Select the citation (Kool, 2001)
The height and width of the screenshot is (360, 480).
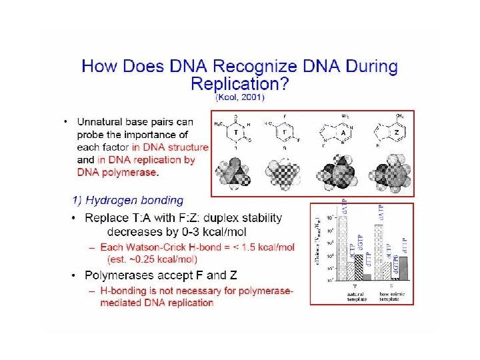pos(239,97)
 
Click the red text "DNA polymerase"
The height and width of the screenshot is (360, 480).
pos(117,173)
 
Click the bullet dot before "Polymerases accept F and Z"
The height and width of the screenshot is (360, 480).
pos(75,275)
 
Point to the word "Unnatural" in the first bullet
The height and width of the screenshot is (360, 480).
pos(103,122)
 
